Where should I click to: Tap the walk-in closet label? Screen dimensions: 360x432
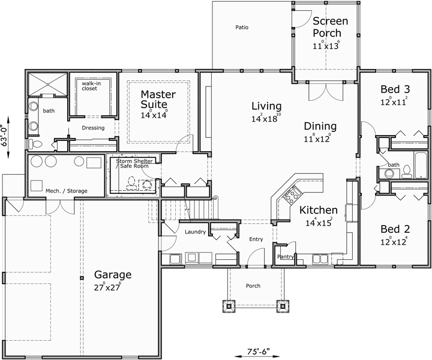tap(89, 85)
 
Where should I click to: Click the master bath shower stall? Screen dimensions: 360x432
tap(47, 83)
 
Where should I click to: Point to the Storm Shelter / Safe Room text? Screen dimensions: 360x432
tap(134, 163)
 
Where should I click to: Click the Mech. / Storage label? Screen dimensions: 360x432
tap(66, 191)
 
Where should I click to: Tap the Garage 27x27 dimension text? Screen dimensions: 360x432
tap(112, 287)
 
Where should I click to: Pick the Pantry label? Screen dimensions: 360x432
tap(284, 256)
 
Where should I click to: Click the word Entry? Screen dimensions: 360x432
tap(256, 239)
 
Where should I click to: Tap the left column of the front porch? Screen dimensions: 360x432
tap(228, 305)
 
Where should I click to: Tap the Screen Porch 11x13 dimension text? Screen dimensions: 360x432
tap(326, 46)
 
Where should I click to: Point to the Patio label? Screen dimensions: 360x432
tap(242, 27)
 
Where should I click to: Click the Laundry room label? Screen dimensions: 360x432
tap(196, 232)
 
